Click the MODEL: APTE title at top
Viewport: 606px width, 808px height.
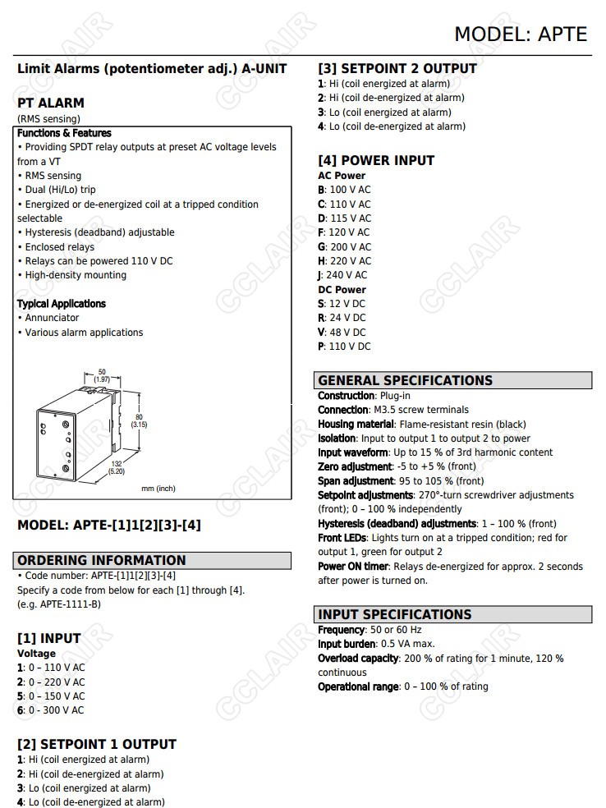click(x=521, y=34)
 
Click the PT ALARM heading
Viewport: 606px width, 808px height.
click(x=50, y=103)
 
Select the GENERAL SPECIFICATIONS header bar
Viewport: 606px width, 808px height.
click(x=452, y=380)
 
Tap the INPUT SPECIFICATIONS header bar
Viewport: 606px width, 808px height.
click(x=452, y=614)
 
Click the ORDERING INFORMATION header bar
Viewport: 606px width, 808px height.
click(x=154, y=560)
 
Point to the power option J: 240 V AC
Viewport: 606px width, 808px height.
click(x=343, y=275)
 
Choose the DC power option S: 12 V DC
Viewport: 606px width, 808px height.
click(x=342, y=304)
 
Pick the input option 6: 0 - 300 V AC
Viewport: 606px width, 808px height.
click(x=51, y=710)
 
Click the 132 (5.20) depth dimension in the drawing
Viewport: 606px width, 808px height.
click(x=117, y=467)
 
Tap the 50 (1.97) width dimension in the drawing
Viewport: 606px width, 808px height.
click(x=102, y=375)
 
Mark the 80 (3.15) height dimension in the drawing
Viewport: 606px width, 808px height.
click(x=139, y=420)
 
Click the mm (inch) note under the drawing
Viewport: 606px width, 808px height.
click(x=158, y=489)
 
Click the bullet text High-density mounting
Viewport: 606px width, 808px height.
click(x=75, y=275)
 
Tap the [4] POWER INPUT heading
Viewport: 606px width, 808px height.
click(x=375, y=160)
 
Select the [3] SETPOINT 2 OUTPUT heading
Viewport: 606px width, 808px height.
click(x=397, y=68)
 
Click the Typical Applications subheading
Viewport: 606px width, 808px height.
click(x=62, y=304)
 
